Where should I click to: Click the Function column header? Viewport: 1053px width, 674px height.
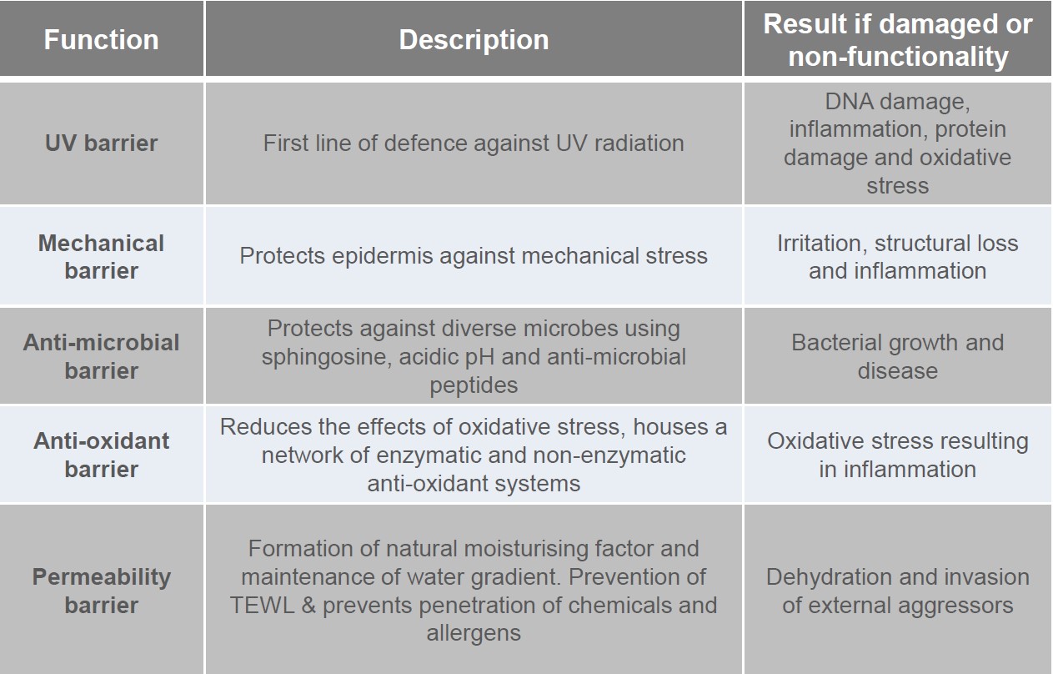(x=101, y=40)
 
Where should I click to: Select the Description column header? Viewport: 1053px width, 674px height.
(x=474, y=40)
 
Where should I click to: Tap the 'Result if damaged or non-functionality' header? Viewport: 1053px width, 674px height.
(x=898, y=40)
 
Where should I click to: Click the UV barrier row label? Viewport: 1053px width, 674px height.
(x=101, y=143)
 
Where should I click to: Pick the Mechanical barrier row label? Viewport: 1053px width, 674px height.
(x=101, y=256)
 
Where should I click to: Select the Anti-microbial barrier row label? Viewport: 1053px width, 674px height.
(x=101, y=356)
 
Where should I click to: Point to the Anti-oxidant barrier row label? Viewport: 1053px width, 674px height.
(x=101, y=455)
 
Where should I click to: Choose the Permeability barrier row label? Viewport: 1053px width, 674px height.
(x=101, y=590)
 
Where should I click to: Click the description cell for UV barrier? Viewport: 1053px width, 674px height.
(x=474, y=143)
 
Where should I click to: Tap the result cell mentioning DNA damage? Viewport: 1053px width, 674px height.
(x=898, y=143)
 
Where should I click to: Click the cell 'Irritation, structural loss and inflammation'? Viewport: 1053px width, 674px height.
(x=898, y=256)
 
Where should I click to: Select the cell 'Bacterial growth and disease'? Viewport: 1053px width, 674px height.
(x=898, y=356)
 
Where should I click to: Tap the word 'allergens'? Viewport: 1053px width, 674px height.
(x=474, y=632)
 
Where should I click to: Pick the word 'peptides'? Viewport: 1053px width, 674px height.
(x=474, y=385)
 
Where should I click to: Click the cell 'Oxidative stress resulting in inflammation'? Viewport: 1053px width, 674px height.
(x=898, y=455)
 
